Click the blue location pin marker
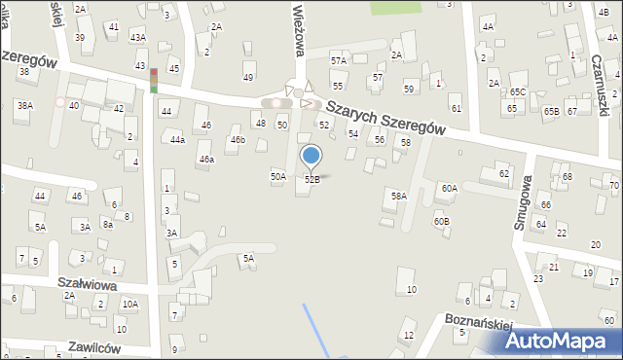tap(311, 156)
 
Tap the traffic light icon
tap(154, 80)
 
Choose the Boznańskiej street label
tap(479, 321)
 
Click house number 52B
tap(311, 180)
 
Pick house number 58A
tap(398, 197)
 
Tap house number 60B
tap(442, 222)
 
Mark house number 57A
tap(338, 60)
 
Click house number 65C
tap(517, 92)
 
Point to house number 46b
tap(238, 140)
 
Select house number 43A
tap(138, 37)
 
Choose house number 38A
tap(24, 105)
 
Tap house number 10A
tap(129, 305)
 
